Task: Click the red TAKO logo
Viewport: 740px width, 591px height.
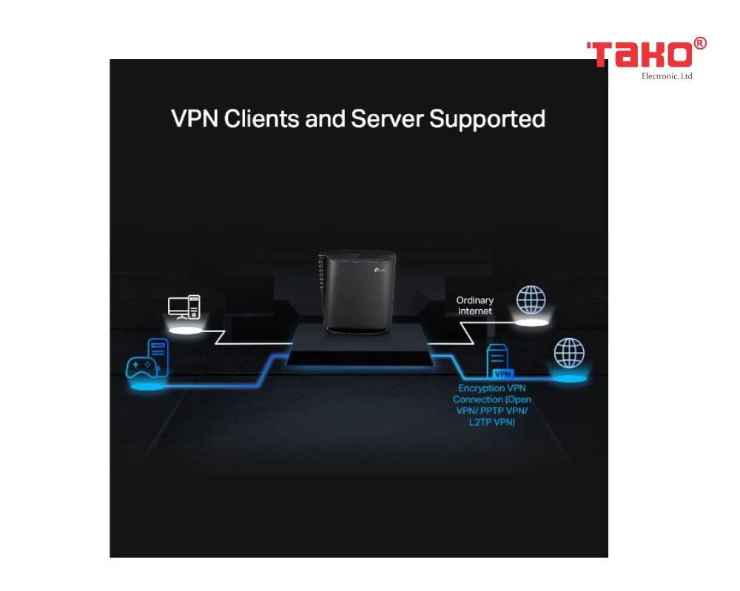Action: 639,55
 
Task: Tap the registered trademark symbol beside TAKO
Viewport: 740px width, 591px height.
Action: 700,44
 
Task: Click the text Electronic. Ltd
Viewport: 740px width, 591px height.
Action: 667,76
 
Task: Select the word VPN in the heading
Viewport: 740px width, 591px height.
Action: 195,118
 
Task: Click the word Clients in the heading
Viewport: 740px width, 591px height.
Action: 261,118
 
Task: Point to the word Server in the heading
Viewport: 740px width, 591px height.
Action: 387,118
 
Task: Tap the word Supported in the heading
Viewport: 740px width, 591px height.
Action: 487,119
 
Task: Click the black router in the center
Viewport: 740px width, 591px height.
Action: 357,292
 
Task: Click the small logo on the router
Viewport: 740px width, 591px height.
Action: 380,270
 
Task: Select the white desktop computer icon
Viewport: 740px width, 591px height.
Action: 184,307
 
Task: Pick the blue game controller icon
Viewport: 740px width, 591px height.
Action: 141,368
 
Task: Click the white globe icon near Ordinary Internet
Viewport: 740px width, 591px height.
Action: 531,300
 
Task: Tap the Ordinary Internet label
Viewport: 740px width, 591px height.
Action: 475,305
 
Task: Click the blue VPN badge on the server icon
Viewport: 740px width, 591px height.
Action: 502,374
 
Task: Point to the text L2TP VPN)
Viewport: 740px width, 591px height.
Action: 492,422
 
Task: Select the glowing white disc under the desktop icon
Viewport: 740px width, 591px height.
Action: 186,330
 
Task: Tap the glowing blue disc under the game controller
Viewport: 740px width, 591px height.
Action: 147,387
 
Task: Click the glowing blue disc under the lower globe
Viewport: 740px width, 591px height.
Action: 569,378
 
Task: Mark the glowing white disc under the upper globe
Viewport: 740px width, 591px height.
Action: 532,323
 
